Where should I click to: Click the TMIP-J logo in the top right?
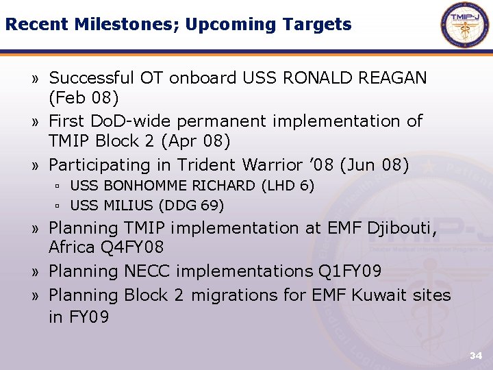pos(465,25)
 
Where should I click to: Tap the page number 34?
pos(475,356)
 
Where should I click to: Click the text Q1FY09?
pos(349,271)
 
